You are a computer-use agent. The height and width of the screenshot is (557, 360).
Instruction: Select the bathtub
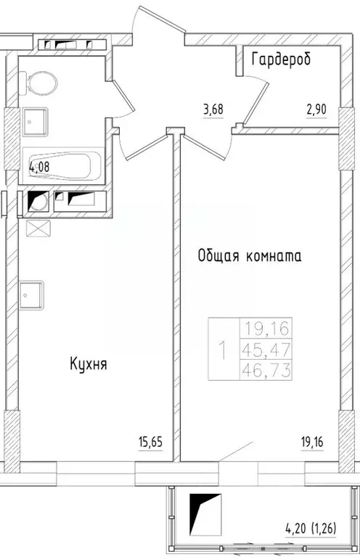[x=65, y=165]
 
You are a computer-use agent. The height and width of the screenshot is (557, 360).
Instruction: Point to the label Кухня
[x=89, y=364]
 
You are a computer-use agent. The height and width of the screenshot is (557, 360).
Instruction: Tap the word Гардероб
[x=281, y=59]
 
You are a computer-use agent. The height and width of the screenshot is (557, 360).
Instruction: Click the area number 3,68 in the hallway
[x=213, y=110]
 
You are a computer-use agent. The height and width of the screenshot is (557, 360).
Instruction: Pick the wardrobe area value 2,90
[x=317, y=110]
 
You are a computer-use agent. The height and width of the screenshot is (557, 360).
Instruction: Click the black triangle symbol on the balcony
[x=205, y=512]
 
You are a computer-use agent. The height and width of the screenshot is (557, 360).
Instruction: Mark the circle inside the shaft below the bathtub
[x=40, y=201]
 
